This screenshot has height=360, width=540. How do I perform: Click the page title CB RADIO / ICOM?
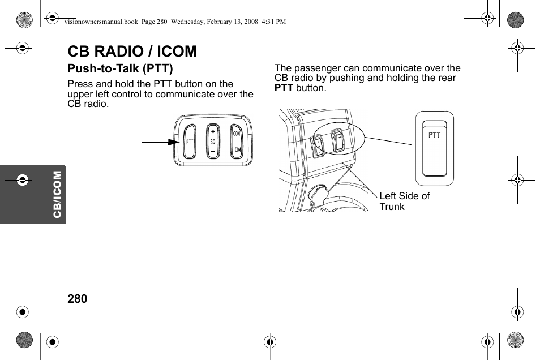132,52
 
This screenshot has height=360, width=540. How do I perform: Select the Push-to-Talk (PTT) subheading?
120,69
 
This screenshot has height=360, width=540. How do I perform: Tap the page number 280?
78,299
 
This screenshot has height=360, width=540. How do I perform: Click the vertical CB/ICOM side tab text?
57,195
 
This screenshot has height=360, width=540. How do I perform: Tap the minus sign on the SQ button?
213,152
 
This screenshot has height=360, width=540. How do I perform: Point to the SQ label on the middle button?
213,142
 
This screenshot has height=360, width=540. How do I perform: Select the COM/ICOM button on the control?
237,142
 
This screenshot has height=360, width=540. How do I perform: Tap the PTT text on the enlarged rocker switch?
434,135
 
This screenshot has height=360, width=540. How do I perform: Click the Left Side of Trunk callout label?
404,201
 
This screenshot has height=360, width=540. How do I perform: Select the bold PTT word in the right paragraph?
284,88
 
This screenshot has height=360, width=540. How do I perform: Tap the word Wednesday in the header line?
192,22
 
